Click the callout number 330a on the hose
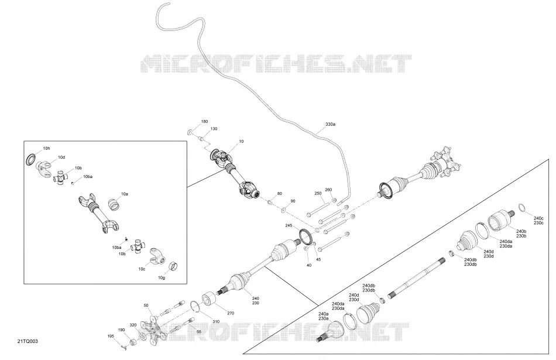click(x=330, y=125)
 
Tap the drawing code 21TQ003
click(x=28, y=341)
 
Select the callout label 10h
click(x=46, y=149)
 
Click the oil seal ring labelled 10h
click(x=31, y=159)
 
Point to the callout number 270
click(x=231, y=313)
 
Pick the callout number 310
click(x=215, y=322)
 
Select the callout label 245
click(x=289, y=225)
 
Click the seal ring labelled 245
click(x=306, y=237)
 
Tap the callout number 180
click(x=204, y=122)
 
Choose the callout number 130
click(x=214, y=129)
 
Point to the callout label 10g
click(x=162, y=277)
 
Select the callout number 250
click(x=318, y=193)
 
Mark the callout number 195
click(x=111, y=336)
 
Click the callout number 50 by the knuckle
click(x=146, y=306)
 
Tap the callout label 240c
click(x=538, y=218)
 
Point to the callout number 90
click(x=293, y=201)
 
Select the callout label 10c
click(x=142, y=269)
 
